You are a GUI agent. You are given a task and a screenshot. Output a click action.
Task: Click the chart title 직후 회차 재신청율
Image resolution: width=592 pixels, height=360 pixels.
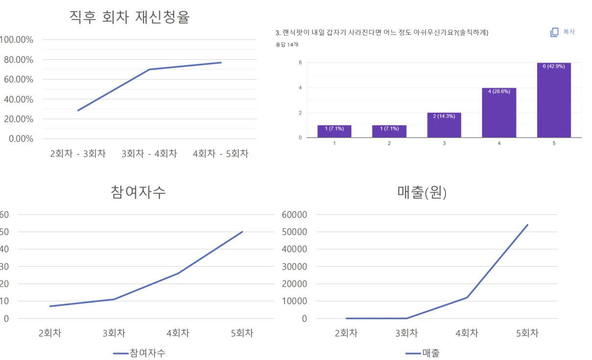tap(129, 17)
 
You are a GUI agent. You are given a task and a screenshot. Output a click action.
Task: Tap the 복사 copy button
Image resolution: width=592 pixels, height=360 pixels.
tap(563, 32)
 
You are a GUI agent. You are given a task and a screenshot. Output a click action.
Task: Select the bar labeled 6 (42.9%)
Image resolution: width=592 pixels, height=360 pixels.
tap(554, 100)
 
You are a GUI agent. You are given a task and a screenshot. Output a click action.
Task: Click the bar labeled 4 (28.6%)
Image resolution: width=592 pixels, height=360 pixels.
tap(499, 113)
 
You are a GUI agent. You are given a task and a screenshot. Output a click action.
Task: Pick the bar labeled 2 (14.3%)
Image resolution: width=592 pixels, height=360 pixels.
tap(444, 125)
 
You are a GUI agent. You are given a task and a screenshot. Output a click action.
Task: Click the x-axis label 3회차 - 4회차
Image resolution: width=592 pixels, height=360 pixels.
tap(149, 154)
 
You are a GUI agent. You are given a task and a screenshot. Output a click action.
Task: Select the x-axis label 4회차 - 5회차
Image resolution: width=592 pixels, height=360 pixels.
tap(221, 154)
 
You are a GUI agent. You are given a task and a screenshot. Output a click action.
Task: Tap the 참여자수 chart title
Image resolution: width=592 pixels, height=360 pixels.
tap(139, 192)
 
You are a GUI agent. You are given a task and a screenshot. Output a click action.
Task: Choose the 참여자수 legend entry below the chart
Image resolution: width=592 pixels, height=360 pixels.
tap(139, 353)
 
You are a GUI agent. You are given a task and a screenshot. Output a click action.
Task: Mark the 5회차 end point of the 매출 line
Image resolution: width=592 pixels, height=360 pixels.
tap(527, 225)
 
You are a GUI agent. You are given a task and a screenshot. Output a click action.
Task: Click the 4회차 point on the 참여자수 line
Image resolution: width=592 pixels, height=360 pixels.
tap(178, 273)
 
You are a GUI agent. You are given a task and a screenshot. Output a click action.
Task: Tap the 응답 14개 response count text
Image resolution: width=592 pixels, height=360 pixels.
tap(287, 45)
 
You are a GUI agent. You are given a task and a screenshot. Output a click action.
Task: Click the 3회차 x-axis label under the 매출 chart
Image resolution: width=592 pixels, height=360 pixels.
tap(406, 334)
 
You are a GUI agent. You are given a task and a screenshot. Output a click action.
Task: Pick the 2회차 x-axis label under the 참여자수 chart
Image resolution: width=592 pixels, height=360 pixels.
tap(50, 334)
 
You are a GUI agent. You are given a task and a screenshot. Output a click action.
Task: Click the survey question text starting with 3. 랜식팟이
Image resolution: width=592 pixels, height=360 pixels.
tap(382, 33)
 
